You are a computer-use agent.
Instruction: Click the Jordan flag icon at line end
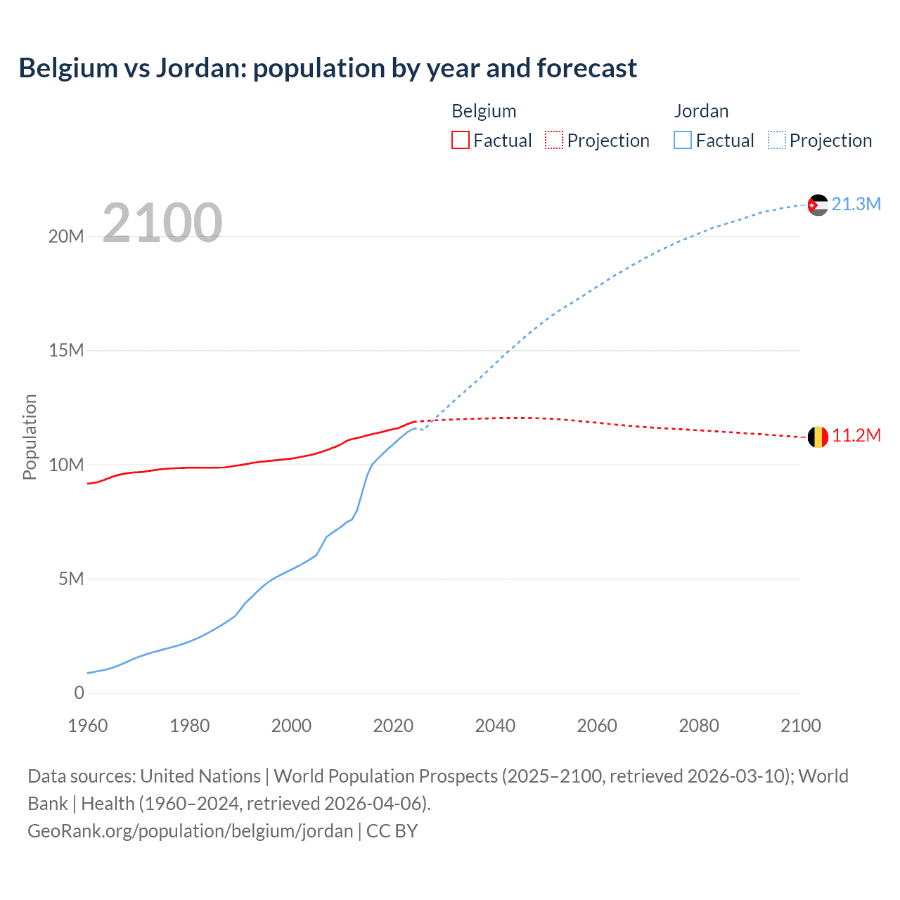tap(818, 205)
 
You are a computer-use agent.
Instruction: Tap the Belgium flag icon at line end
tap(818, 437)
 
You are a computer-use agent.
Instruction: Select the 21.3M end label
tap(856, 204)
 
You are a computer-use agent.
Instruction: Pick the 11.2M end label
tap(856, 436)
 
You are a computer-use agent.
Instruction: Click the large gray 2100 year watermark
tap(162, 223)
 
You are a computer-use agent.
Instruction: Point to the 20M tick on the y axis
tap(66, 236)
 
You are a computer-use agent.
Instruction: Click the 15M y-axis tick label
tap(66, 350)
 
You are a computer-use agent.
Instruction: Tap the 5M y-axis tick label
tap(71, 579)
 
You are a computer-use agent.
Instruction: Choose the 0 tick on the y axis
tap(79, 693)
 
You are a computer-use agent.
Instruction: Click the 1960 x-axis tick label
tap(88, 726)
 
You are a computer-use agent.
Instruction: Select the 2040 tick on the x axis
tap(495, 726)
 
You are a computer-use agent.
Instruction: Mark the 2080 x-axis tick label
tap(699, 726)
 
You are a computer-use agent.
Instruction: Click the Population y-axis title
tap(30, 437)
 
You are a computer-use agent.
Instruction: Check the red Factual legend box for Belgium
tap(461, 140)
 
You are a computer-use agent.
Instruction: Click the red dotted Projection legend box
tap(554, 140)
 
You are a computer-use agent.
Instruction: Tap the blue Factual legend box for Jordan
tap(683, 140)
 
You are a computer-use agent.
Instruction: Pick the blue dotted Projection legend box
tap(777, 140)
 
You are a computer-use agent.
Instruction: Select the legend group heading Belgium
tap(484, 111)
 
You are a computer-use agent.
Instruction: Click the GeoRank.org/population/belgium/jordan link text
tap(190, 830)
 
